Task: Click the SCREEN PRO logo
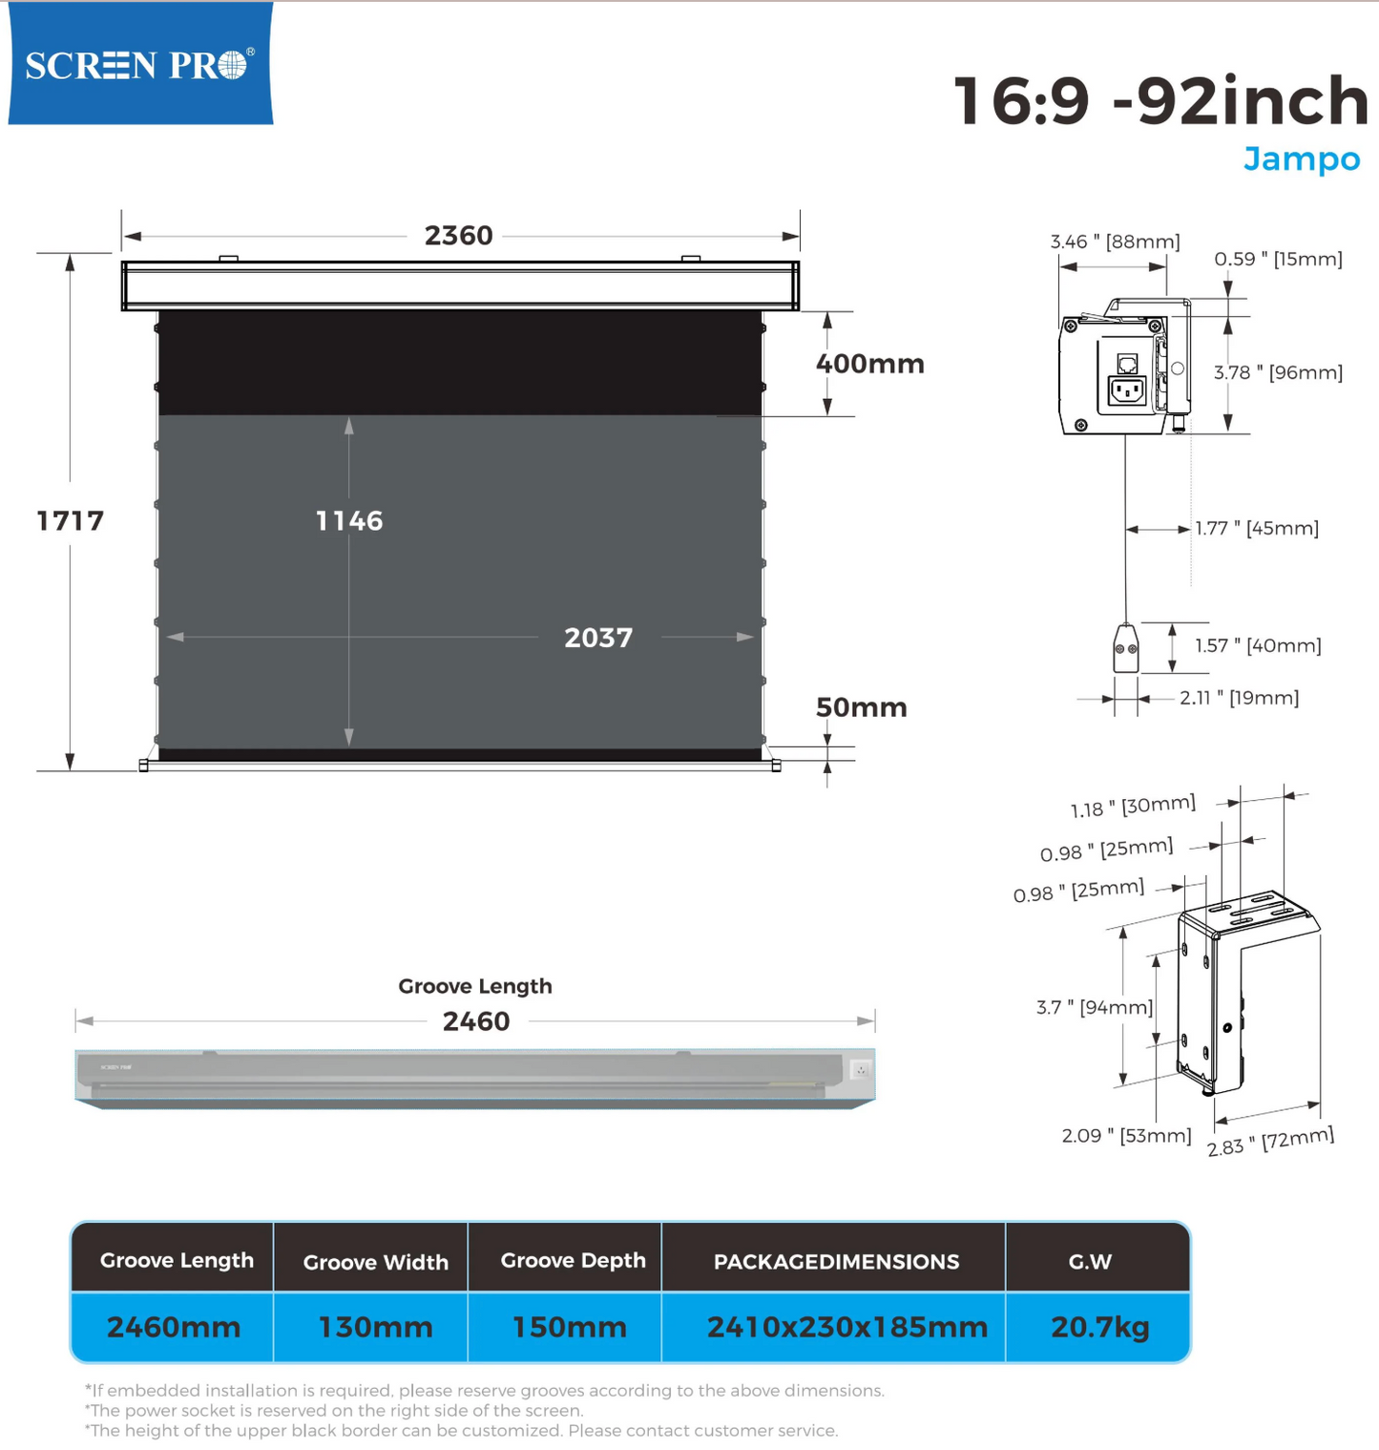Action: coord(140,63)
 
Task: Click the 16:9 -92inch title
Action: coord(1161,100)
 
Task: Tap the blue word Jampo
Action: coord(1302,158)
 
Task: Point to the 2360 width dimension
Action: coord(458,235)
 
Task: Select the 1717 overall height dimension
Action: coord(70,520)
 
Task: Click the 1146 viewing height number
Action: coord(349,520)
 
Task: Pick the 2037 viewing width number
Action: coord(598,638)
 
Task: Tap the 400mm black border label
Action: coord(869,364)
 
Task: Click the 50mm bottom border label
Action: coord(861,707)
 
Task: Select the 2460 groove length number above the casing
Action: coord(476,1021)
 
